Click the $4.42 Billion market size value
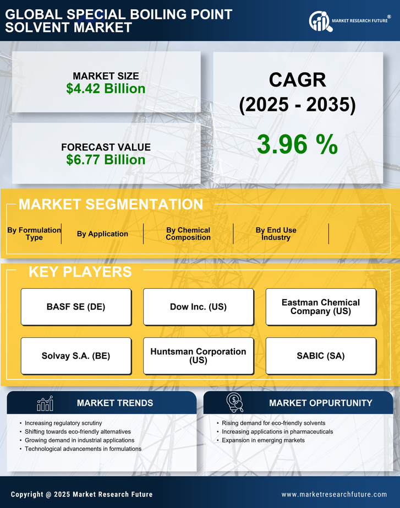point(106,89)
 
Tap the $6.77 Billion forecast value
point(106,160)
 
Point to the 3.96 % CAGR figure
point(297,144)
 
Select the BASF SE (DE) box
point(76,306)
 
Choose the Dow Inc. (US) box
point(198,306)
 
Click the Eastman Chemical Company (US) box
point(321,306)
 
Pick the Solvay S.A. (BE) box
point(76,356)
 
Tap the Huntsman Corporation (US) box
point(198,356)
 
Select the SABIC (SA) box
point(321,356)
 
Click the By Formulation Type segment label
point(34,234)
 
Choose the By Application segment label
point(102,234)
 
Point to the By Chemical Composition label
point(188,234)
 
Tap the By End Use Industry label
point(276,234)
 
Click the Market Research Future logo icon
point(319,21)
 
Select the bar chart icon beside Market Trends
point(45,403)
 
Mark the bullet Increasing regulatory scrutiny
point(64,423)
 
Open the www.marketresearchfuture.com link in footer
point(334,494)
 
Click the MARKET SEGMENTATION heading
point(111,204)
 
